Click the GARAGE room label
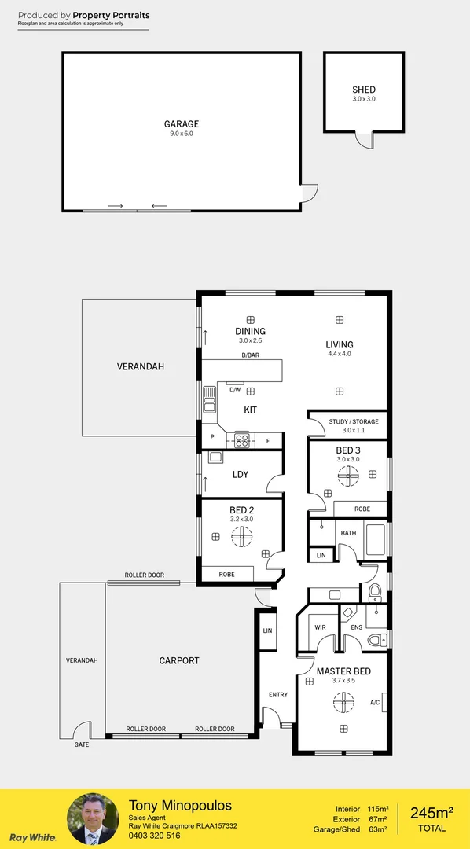pos(181,123)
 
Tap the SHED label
pos(363,90)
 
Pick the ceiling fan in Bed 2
pos(241,536)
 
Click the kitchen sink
pos(210,399)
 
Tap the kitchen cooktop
pos(241,440)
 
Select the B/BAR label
pos(251,356)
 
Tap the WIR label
pos(320,627)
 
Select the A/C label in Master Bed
pos(375,702)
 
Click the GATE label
pos(81,744)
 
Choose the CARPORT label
pos(179,661)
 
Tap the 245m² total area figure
pos(431,812)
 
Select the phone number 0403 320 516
pos(154,836)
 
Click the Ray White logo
pos(32,837)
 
